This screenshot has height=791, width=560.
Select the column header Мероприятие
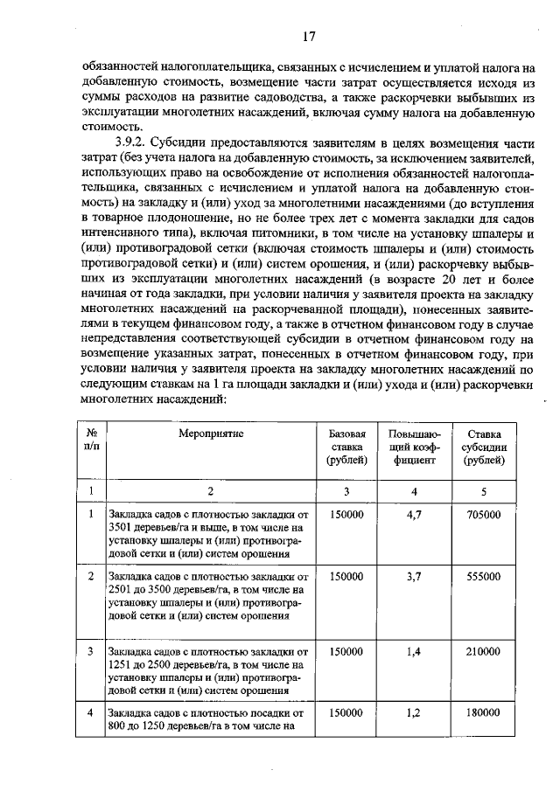point(209,434)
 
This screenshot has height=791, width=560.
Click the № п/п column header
point(91,440)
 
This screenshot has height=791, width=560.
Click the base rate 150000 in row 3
point(346,652)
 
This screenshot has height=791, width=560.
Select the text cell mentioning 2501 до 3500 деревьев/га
point(208,596)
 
